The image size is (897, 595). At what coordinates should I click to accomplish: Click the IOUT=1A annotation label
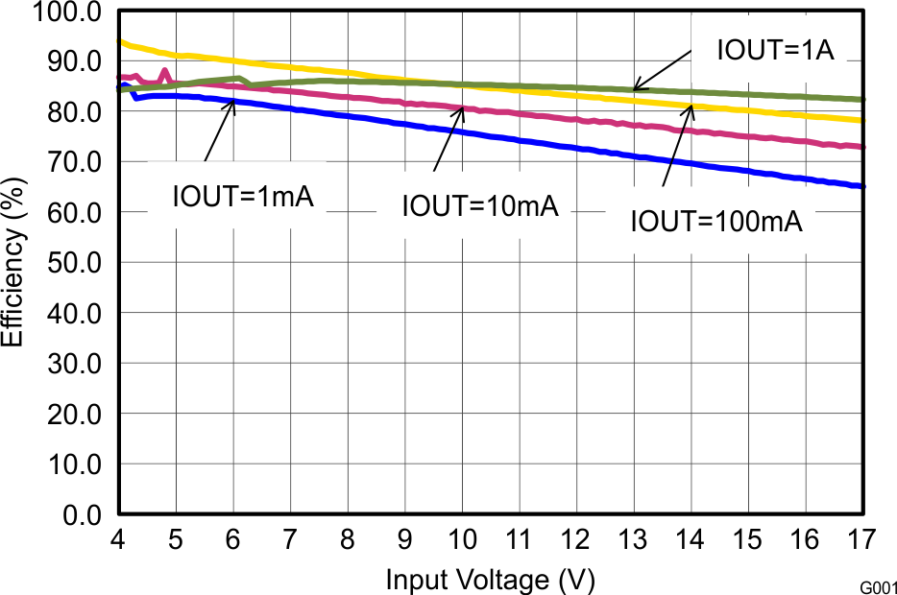tap(775, 51)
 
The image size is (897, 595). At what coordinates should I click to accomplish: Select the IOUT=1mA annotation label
tap(243, 197)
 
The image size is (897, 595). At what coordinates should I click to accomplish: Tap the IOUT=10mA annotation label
tap(479, 205)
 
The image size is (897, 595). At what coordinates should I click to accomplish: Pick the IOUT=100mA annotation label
tap(715, 222)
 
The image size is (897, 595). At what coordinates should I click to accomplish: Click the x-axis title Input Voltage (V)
tap(490, 580)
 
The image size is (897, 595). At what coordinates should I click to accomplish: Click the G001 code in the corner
tap(878, 584)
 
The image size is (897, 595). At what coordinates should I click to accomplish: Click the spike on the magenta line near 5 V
tap(164, 70)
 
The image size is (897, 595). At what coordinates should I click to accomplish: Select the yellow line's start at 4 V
tap(119, 41)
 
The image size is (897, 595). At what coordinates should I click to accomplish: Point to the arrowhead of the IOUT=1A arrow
tap(633, 88)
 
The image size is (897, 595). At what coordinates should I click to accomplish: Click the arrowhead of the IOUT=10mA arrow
tap(463, 107)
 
